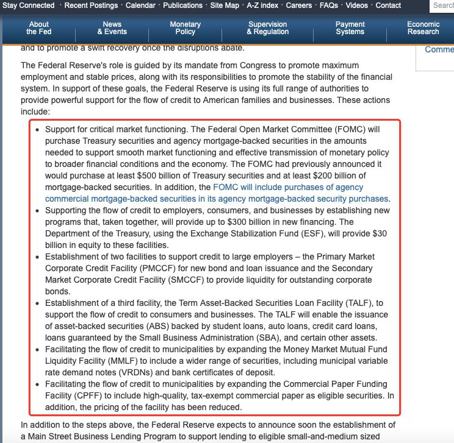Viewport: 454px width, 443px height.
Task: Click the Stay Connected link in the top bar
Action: tap(29, 5)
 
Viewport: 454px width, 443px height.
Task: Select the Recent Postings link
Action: tap(91, 5)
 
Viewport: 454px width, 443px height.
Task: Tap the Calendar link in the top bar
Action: tap(140, 5)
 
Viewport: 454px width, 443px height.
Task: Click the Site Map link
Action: tap(225, 5)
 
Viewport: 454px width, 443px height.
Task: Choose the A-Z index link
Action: tap(262, 5)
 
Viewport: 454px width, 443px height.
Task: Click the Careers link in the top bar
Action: tap(299, 5)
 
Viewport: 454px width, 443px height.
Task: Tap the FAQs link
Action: tap(329, 5)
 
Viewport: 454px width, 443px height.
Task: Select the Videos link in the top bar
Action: tap(357, 5)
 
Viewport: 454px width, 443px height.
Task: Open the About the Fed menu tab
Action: tap(39, 28)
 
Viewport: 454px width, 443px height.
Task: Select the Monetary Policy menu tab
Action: tap(185, 28)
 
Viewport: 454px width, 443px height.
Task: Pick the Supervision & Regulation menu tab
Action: tap(268, 28)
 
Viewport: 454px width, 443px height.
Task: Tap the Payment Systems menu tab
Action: tap(350, 28)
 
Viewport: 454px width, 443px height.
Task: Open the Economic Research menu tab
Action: tap(423, 28)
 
